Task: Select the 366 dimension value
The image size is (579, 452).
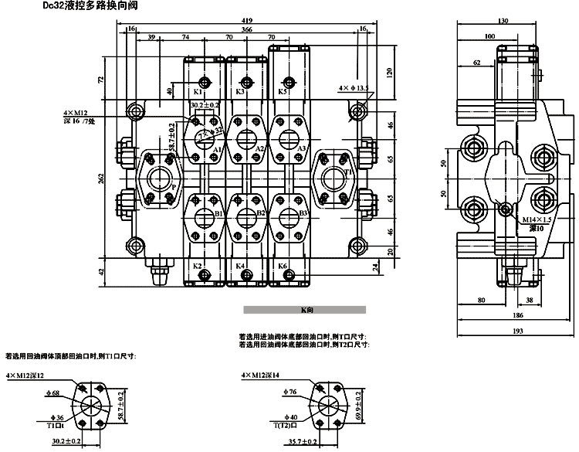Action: pyautogui.click(x=246, y=29)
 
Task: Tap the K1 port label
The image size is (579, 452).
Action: pyautogui.click(x=198, y=92)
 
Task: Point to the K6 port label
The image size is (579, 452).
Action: pyautogui.click(x=282, y=267)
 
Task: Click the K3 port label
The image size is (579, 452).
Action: pyautogui.click(x=240, y=92)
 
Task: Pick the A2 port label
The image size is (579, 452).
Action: pyautogui.click(x=260, y=148)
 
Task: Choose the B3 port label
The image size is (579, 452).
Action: pyautogui.click(x=303, y=213)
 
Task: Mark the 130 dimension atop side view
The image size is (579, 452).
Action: pyautogui.click(x=504, y=21)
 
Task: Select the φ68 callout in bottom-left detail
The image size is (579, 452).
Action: pyautogui.click(x=52, y=394)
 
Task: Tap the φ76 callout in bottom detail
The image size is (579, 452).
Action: pyautogui.click(x=289, y=393)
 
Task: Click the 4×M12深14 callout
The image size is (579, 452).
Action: pyautogui.click(x=260, y=375)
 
